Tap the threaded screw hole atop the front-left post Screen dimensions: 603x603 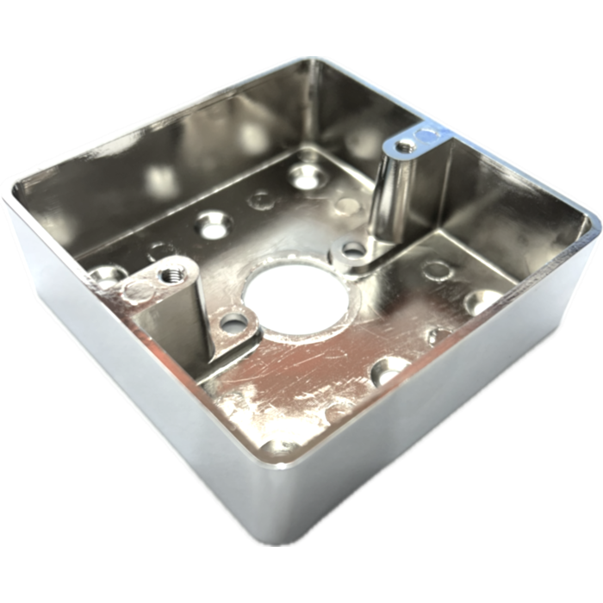pos(170,276)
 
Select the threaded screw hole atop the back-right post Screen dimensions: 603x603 pos(405,147)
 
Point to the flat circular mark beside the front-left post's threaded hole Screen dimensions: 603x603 pos(138,289)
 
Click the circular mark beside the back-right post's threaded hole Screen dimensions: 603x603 pos(428,134)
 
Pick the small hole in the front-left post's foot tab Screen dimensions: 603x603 pos(233,324)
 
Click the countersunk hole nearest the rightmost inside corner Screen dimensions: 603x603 pos(482,301)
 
